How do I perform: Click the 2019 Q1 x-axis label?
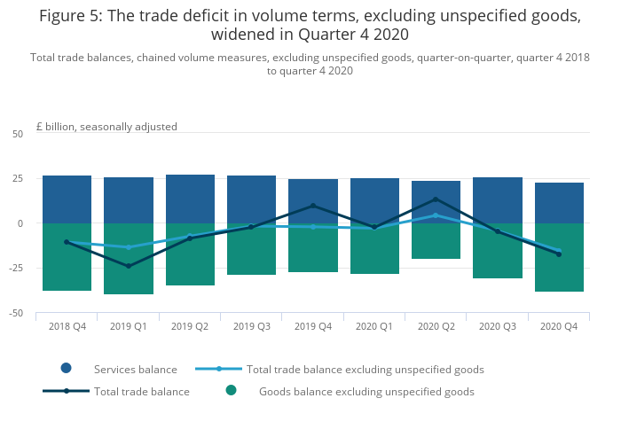129,326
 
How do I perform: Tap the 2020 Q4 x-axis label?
559,326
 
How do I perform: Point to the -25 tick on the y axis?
18,268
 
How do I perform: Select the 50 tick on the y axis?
18,134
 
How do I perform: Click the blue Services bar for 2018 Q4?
67,199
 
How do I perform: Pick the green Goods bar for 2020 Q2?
436,241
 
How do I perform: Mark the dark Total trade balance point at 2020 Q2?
436,199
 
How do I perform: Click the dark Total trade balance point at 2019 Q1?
129,266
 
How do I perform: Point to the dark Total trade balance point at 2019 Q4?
313,206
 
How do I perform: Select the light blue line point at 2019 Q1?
129,247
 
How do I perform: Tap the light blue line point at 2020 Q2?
436,215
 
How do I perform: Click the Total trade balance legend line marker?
67,391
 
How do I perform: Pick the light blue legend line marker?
219,369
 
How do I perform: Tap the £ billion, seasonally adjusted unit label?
106,127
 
